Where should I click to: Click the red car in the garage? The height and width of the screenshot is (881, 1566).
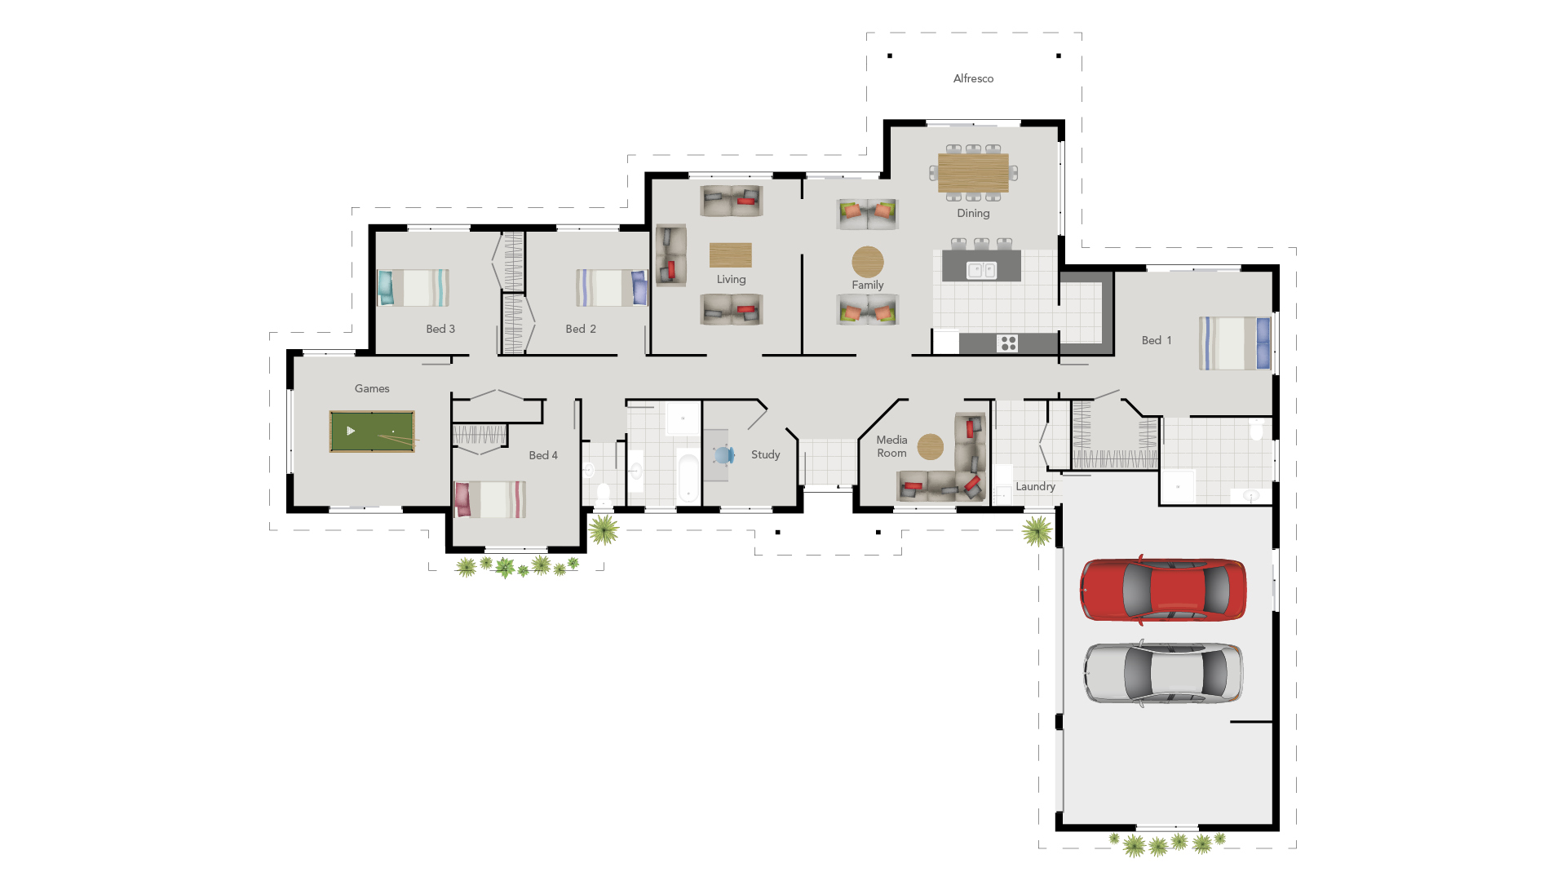pyautogui.click(x=1163, y=590)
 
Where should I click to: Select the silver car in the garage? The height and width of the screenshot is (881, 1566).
pyautogui.click(x=1163, y=673)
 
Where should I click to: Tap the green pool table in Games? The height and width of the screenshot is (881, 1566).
pyautogui.click(x=372, y=431)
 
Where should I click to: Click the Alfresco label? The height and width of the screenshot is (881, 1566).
pyautogui.click(x=973, y=78)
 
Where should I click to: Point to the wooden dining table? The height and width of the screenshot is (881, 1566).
pyautogui.click(x=973, y=172)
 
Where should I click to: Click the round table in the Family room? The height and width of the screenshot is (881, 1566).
pyautogui.click(x=868, y=262)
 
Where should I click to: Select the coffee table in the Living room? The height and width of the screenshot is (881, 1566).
pyautogui.click(x=731, y=255)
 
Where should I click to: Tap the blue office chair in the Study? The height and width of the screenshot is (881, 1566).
pyautogui.click(x=723, y=455)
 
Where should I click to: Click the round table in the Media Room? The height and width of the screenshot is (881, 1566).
pyautogui.click(x=931, y=446)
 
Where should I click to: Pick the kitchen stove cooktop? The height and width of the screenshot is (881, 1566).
pyautogui.click(x=1008, y=343)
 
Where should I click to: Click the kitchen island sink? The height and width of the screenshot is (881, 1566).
pyautogui.click(x=981, y=270)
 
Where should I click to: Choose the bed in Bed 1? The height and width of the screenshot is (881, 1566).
pyautogui.click(x=1235, y=343)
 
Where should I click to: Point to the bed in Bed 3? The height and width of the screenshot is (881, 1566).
pyautogui.click(x=414, y=288)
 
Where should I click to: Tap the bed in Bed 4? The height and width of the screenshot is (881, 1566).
pyautogui.click(x=490, y=499)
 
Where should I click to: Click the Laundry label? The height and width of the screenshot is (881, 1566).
pyautogui.click(x=1035, y=486)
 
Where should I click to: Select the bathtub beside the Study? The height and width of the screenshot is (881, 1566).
pyautogui.click(x=688, y=478)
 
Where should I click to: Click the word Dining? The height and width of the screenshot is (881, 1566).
pyautogui.click(x=973, y=213)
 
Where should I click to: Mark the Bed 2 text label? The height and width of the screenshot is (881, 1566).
pyautogui.click(x=581, y=329)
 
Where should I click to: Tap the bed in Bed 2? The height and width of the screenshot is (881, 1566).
pyautogui.click(x=612, y=288)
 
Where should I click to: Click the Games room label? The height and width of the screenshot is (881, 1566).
pyautogui.click(x=372, y=388)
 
